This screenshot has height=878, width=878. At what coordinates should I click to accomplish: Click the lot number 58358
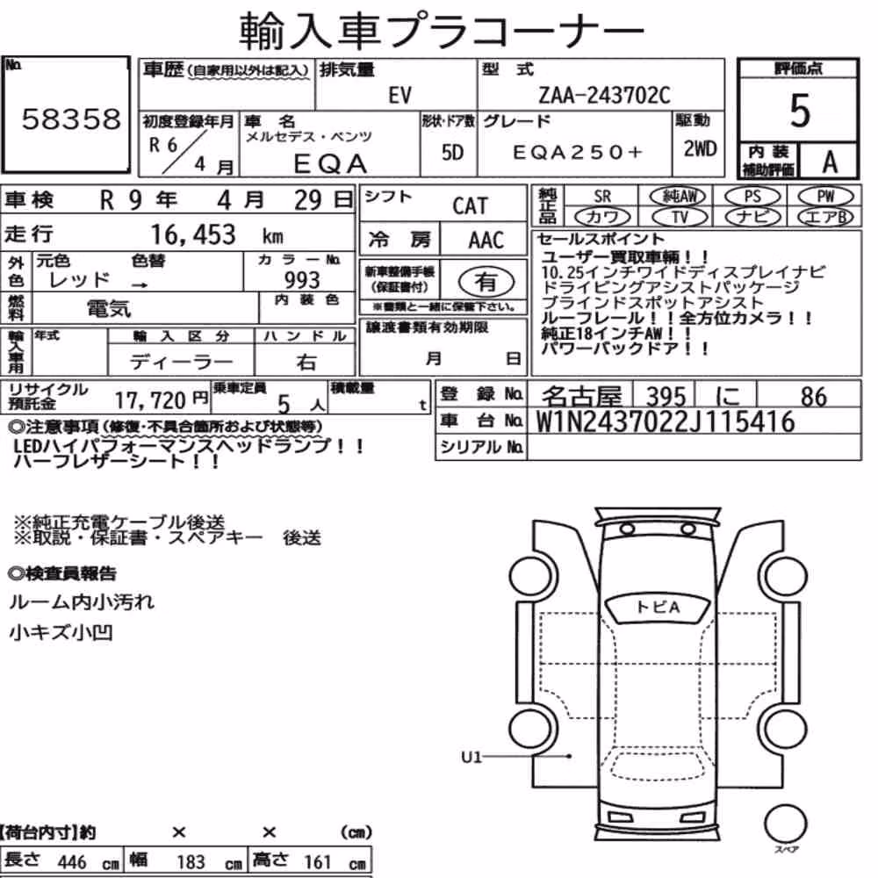coord(71,119)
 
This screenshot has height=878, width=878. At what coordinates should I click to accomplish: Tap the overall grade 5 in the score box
coord(800,111)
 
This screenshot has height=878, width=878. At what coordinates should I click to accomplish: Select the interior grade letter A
coord(830,162)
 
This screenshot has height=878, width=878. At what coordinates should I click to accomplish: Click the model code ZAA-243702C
coord(604,95)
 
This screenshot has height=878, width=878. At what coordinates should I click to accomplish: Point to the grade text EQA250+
coord(578,152)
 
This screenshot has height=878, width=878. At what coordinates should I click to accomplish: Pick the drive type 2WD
coord(700,148)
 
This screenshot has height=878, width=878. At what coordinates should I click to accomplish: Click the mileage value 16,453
coord(193,234)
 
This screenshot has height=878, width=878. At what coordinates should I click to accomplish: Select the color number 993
coord(302,279)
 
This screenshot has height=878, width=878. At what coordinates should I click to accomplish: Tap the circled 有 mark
coord(486,282)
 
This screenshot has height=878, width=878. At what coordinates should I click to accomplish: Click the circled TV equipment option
coord(680,217)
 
